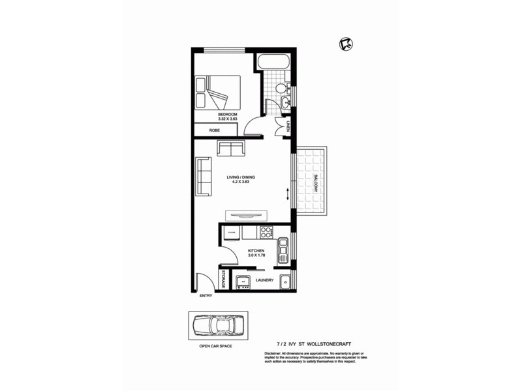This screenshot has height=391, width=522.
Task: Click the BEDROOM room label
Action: click(x=228, y=115)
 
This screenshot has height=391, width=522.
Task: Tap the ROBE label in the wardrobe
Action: click(x=214, y=131)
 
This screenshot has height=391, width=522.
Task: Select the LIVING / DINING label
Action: click(x=241, y=177)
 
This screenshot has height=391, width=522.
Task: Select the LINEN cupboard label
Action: click(x=288, y=126)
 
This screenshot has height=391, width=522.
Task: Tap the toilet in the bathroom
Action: click(x=281, y=89)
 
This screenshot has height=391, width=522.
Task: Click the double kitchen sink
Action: click(x=284, y=250)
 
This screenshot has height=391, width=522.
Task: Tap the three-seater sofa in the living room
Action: click(x=204, y=177)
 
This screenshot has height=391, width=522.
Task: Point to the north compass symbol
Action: click(x=346, y=44)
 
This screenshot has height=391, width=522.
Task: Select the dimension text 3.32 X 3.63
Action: click(x=228, y=120)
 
